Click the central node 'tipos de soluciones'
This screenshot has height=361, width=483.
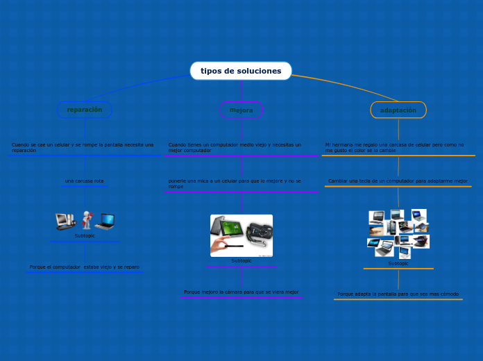(241, 71)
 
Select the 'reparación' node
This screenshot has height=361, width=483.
(85, 110)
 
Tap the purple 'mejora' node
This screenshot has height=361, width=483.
(241, 110)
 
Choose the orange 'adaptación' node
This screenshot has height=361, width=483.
(398, 110)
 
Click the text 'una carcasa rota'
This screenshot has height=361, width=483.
(85, 181)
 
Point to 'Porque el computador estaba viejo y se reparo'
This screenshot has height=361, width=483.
(85, 267)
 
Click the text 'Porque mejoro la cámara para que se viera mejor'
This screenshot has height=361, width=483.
(241, 292)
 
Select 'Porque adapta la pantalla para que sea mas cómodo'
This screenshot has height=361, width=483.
(398, 294)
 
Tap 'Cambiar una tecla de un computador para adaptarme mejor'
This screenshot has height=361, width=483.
(398, 180)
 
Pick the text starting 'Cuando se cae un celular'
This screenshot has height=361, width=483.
(83, 147)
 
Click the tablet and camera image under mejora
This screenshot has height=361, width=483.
(241, 235)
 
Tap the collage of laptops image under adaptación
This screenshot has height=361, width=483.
(398, 233)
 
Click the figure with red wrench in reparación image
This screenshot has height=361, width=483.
(87, 220)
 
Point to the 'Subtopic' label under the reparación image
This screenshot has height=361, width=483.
(85, 236)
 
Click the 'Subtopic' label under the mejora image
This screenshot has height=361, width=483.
(241, 261)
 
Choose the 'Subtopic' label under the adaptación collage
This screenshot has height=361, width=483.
(398, 264)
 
